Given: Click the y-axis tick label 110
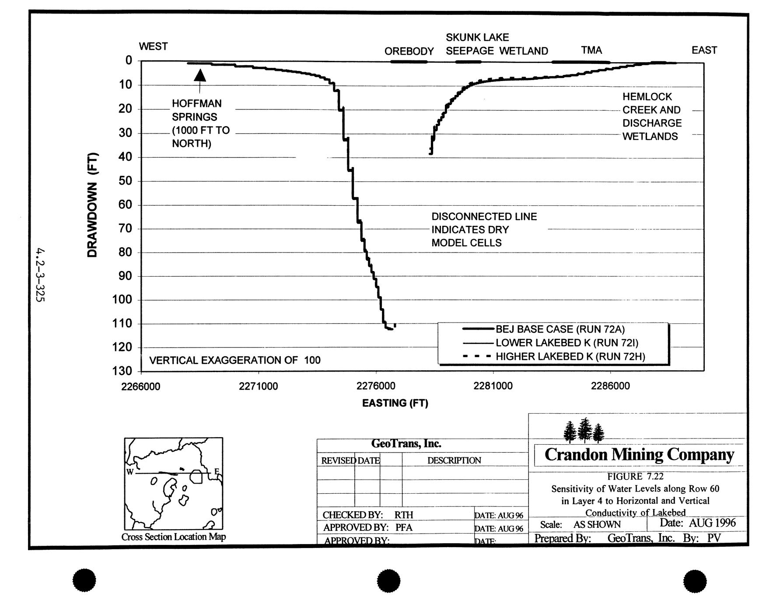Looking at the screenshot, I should point(122,324).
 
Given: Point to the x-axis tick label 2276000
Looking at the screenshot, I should point(376,386).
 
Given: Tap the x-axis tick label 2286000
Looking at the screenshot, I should point(610,386).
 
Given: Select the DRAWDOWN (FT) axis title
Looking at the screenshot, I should point(92,205).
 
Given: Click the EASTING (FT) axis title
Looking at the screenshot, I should point(395,403).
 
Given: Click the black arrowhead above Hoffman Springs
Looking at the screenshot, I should point(200,75).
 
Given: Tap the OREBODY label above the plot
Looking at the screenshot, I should point(409,52).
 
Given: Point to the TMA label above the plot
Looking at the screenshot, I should point(591,50).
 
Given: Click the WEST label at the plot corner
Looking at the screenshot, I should point(153,46).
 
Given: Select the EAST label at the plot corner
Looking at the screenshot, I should point(704,50).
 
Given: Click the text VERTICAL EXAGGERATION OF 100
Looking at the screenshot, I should point(235,360).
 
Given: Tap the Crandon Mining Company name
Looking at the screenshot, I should point(639,455).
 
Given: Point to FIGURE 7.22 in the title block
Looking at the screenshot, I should point(635,477).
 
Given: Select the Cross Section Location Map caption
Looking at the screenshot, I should point(174,537).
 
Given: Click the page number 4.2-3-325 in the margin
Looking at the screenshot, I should point(41,275).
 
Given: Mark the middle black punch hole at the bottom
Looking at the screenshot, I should point(388,581).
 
